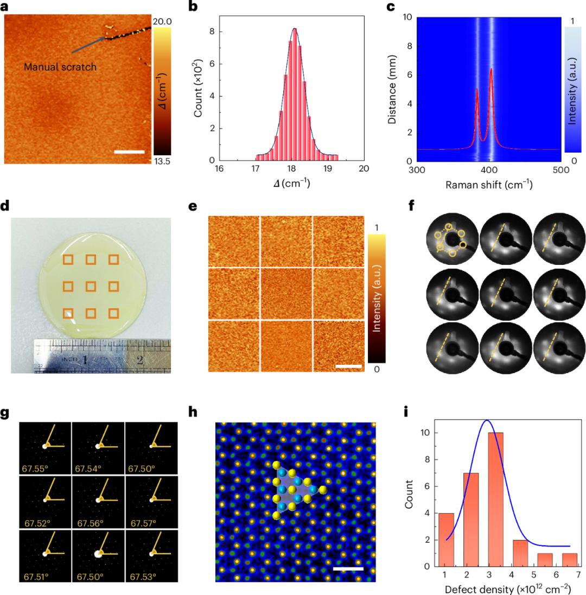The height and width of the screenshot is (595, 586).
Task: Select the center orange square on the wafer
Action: click(91, 286)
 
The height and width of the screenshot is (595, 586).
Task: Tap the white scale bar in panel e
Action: click(348, 366)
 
